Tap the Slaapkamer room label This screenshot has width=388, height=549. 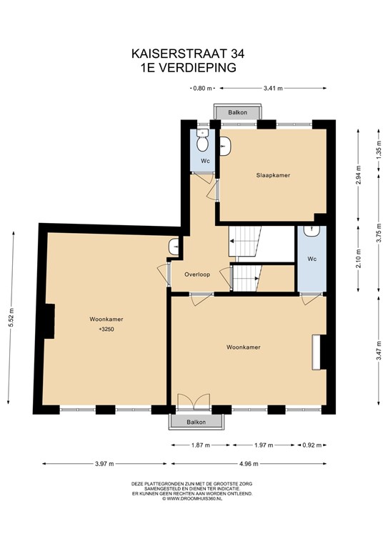274,175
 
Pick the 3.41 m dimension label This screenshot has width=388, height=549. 273,89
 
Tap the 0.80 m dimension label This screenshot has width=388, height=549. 203,89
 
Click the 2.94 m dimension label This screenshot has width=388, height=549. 358,175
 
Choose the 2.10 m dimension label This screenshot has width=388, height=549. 358,257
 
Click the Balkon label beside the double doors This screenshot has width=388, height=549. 197,422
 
